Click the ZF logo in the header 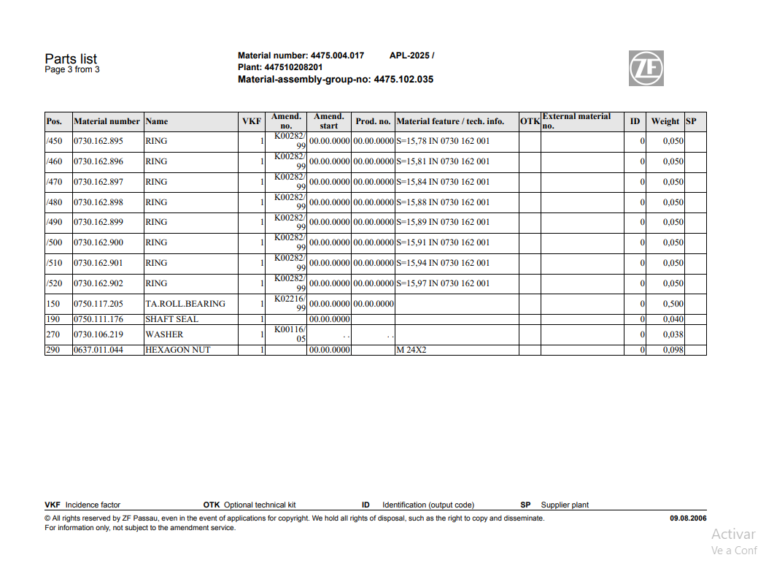click(646, 68)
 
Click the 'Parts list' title click(71, 59)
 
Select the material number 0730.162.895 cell click(98, 141)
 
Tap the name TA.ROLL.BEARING click(185, 304)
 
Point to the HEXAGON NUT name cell click(177, 350)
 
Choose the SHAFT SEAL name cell click(171, 319)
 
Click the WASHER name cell click(164, 334)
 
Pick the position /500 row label click(55, 242)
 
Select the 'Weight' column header click(665, 121)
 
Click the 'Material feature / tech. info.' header click(450, 121)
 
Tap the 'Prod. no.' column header click(373, 121)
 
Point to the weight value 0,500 click(673, 304)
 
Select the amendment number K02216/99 click(290, 303)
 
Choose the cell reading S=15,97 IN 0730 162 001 click(443, 283)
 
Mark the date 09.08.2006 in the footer click(688, 518)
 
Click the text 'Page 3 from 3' click(72, 70)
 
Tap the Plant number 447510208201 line click(280, 67)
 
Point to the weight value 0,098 click(673, 350)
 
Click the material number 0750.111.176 click(98, 319)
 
